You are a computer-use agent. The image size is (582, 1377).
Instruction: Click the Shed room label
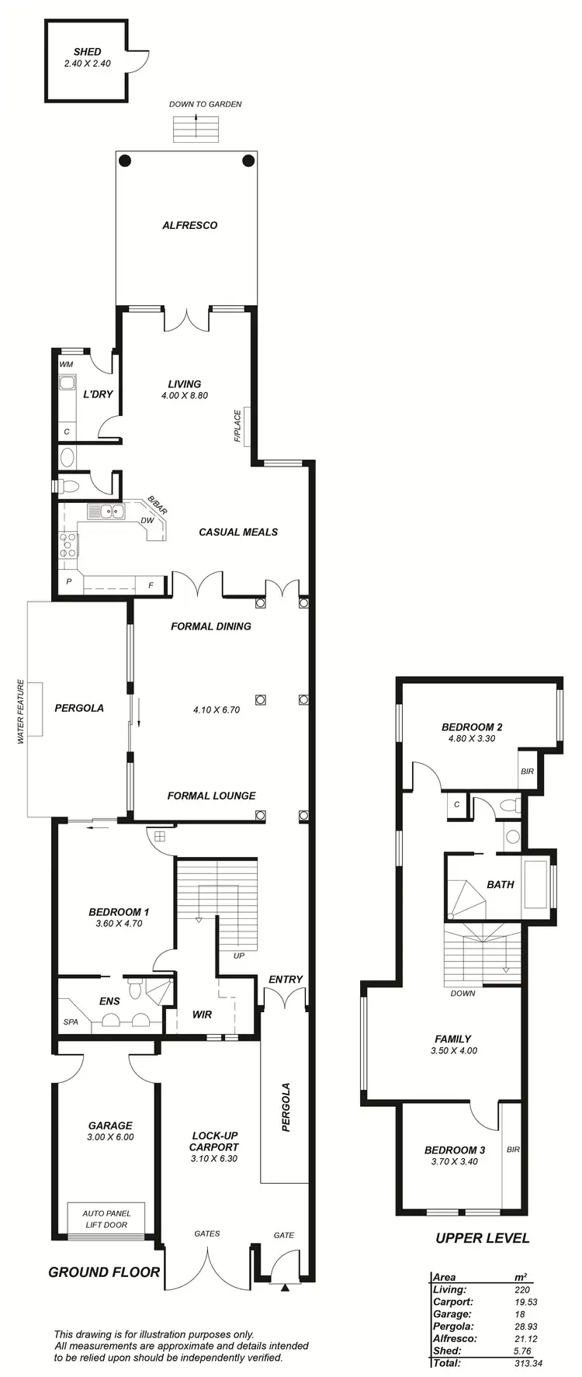(x=87, y=52)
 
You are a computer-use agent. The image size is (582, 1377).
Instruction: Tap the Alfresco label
(x=189, y=225)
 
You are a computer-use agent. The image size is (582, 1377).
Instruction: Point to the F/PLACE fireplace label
(x=237, y=426)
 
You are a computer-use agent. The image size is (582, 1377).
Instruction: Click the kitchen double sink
(x=106, y=511)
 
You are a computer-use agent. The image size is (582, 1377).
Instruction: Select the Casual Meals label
(x=238, y=532)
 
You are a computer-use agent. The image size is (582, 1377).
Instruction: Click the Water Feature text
(x=21, y=712)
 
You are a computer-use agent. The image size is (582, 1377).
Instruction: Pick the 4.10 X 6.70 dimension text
(x=217, y=709)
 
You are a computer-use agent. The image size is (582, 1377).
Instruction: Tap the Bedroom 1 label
(x=119, y=912)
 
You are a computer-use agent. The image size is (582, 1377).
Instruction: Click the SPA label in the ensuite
(x=71, y=1022)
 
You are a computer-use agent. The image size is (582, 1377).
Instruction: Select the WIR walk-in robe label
(x=202, y=1015)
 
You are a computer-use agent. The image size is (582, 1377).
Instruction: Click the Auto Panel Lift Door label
(x=106, y=1219)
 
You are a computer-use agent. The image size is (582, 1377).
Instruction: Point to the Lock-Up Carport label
(x=214, y=1141)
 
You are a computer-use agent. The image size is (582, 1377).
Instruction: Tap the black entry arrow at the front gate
(x=285, y=1289)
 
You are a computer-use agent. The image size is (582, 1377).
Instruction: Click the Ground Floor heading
(x=104, y=1272)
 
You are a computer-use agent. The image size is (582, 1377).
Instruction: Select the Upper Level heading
(x=482, y=1238)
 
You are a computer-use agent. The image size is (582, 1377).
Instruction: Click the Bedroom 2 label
(x=472, y=727)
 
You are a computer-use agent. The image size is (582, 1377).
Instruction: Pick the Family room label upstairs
(x=453, y=1039)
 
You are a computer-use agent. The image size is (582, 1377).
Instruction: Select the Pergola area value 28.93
(x=526, y=1326)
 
